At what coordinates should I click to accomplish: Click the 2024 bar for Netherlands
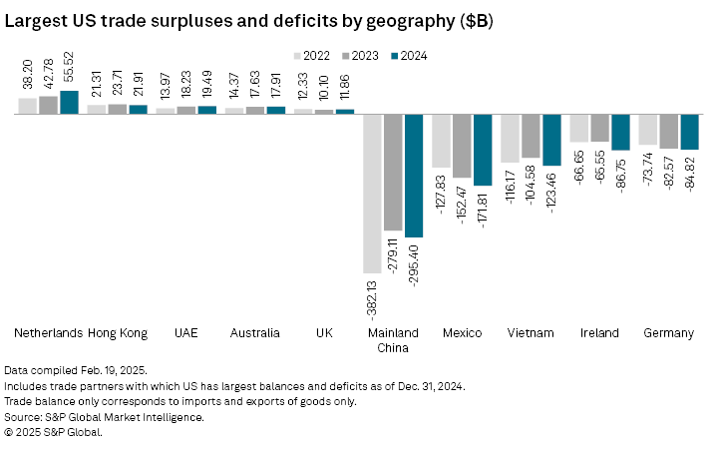point(69,103)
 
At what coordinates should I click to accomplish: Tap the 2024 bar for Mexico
point(483,150)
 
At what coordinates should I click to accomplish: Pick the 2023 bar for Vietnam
point(531,136)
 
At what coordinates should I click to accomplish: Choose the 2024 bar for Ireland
point(620,132)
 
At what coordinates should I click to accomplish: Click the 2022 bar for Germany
point(647,130)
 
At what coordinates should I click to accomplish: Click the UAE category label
point(186,332)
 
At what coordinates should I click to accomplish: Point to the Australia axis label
point(254,332)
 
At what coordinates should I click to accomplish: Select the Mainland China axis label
point(393,339)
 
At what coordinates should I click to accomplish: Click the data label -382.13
point(372,298)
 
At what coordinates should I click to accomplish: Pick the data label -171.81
point(483,210)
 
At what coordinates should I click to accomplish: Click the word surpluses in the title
point(177,20)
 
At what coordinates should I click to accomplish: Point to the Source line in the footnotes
point(105,417)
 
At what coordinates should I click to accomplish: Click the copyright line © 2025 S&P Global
point(54,432)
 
